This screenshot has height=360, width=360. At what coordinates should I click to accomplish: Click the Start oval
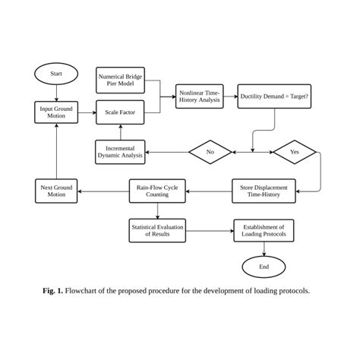pos(56,74)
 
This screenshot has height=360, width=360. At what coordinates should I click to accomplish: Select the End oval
pos(264,267)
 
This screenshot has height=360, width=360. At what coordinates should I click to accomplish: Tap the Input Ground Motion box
pos(56,113)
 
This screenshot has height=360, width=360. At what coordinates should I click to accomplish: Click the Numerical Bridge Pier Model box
pos(120,81)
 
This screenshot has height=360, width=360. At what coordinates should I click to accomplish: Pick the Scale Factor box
pos(120,113)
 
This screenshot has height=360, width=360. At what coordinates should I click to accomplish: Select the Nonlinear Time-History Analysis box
pos(200,96)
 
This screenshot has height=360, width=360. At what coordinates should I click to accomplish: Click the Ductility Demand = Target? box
pos(274,96)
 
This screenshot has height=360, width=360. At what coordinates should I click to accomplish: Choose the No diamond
pos(210,152)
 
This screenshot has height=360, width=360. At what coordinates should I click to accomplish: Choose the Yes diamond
pos(295,152)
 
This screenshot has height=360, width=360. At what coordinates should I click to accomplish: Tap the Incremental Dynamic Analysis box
pos(120,152)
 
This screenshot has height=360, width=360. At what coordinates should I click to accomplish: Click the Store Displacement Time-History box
pos(264,191)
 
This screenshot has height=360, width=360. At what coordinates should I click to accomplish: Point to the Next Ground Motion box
pos(56,191)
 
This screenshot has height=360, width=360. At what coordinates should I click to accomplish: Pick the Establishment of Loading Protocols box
pos(264,230)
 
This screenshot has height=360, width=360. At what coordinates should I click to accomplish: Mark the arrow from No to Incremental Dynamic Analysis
pos(167,152)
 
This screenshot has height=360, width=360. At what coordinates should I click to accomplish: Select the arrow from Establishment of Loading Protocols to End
pos(264,248)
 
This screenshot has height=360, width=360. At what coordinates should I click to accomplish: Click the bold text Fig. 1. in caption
pos(52,291)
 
